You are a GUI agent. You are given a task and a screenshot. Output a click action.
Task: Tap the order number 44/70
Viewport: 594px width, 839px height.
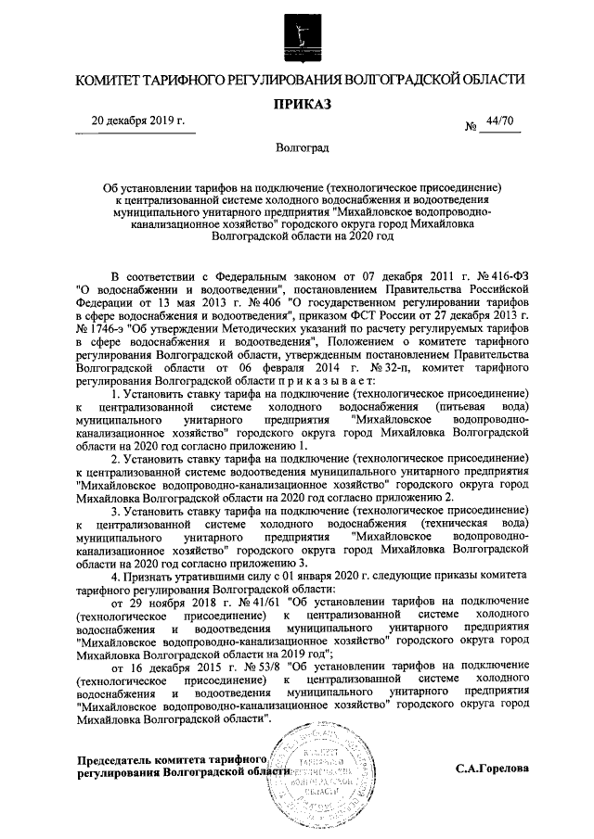point(499,121)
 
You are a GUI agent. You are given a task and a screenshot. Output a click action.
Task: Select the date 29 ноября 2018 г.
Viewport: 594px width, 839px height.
point(161,601)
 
